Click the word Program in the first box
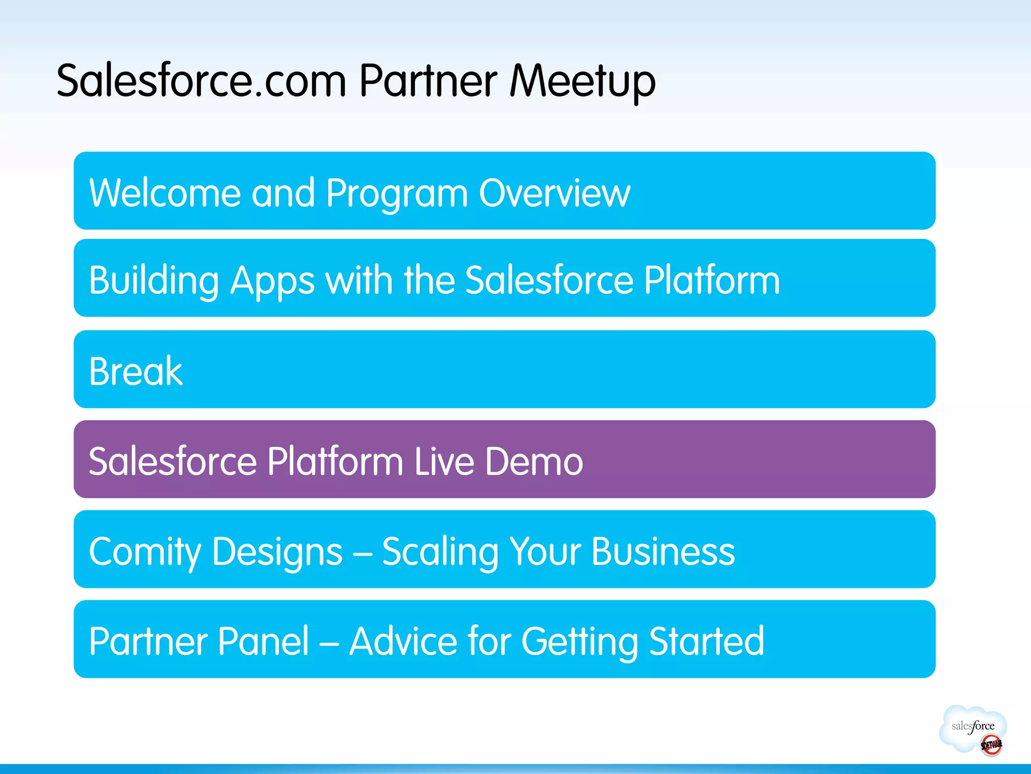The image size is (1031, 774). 397,194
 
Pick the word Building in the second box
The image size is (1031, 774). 154,281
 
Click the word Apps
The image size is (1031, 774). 272,281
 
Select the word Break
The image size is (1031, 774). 135,371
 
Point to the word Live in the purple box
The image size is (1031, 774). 444,461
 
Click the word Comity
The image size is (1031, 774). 145,552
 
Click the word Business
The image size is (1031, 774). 663,551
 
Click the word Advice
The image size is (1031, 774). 403,641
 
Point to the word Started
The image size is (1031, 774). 706,641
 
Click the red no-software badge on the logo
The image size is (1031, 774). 991,745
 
